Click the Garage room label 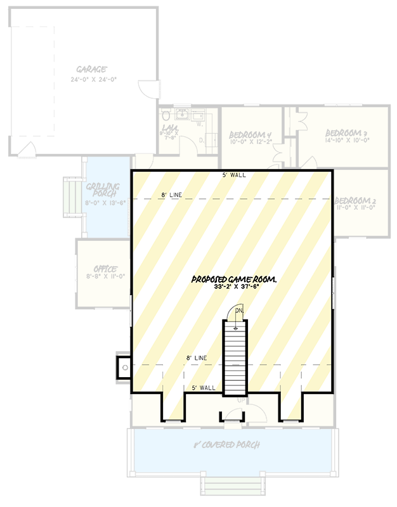(91, 70)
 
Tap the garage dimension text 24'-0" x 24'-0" (94, 79)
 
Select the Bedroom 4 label (250, 134)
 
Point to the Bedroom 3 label (346, 133)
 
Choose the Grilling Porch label (105, 191)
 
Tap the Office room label (105, 269)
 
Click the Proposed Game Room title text (236, 279)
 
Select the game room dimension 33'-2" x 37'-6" (236, 287)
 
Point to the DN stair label (239, 311)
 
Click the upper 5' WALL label (234, 175)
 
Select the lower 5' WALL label (204, 387)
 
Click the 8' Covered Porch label (226, 445)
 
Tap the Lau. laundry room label (169, 130)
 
